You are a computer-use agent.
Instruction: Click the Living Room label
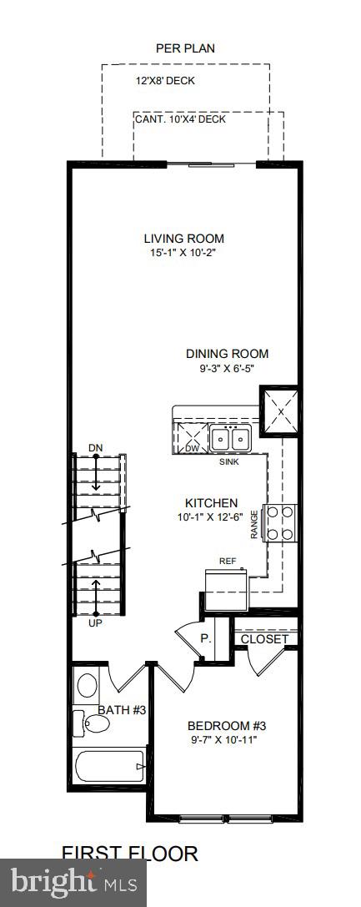pyautogui.click(x=184, y=238)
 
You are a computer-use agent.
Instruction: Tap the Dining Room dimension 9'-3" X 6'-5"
pyautogui.click(x=227, y=367)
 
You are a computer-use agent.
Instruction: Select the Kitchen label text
pyautogui.click(x=211, y=503)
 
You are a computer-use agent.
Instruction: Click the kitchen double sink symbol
pyautogui.click(x=230, y=438)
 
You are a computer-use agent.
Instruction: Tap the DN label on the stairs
pyautogui.click(x=96, y=449)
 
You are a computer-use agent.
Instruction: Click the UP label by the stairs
pyautogui.click(x=96, y=623)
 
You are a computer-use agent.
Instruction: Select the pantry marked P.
pyautogui.click(x=204, y=638)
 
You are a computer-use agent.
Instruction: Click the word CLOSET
pyautogui.click(x=264, y=640)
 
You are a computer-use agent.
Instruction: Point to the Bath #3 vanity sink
pyautogui.click(x=86, y=686)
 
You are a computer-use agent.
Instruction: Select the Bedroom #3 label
pyautogui.click(x=227, y=725)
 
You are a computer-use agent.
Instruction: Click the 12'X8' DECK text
pyautogui.click(x=169, y=82)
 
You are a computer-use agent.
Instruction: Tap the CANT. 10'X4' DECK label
pyautogui.click(x=180, y=119)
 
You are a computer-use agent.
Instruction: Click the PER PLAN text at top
pyautogui.click(x=185, y=48)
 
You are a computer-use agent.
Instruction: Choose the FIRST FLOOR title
pyautogui.click(x=130, y=853)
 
